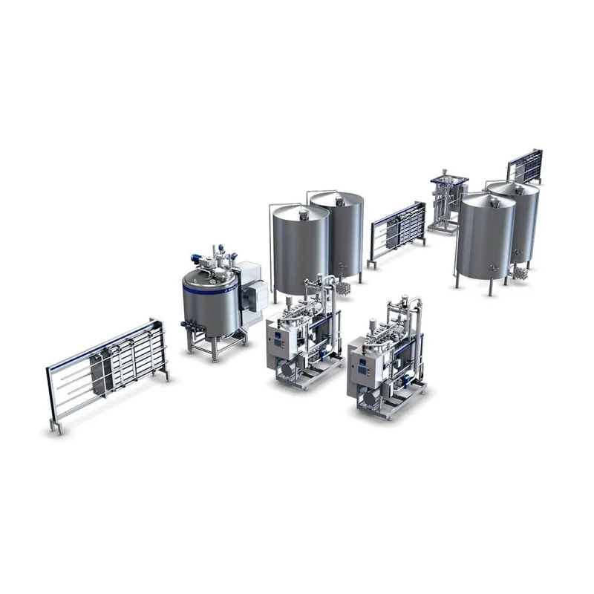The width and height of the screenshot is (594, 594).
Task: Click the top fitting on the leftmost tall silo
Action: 303,213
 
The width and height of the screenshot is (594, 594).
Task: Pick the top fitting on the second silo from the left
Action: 339,198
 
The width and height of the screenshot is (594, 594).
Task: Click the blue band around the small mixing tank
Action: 208,286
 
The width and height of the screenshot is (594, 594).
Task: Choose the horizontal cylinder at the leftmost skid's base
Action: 285,369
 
